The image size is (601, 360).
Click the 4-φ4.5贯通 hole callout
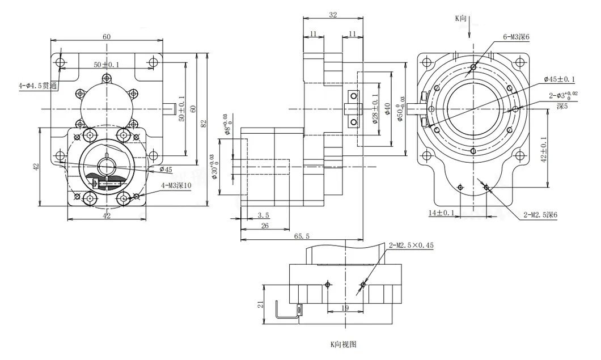[x=38, y=86]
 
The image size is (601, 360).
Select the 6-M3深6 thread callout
[x=516, y=37]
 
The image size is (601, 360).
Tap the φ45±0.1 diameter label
[x=559, y=79]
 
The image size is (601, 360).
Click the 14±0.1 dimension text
[x=441, y=213]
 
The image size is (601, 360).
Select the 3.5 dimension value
[x=263, y=215]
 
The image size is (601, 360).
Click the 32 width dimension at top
[x=333, y=15]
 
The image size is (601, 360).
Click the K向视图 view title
[x=343, y=344]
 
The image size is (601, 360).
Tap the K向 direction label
[x=462, y=19]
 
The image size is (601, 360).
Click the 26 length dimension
[x=264, y=226]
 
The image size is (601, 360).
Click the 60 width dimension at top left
[x=107, y=36]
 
